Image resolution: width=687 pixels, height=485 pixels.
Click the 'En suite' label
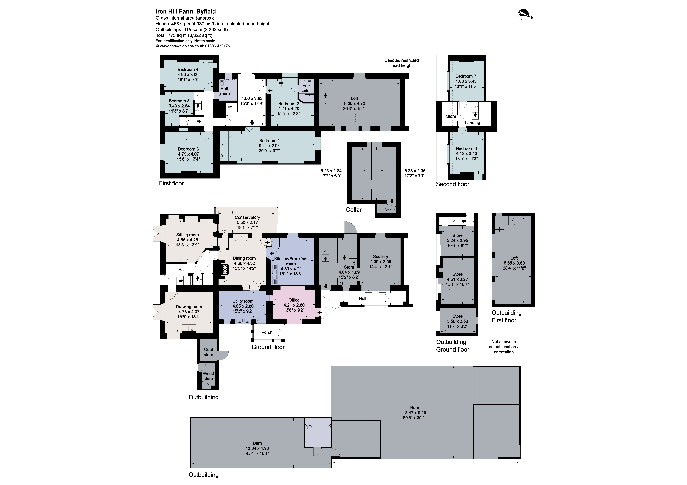(x=305, y=88)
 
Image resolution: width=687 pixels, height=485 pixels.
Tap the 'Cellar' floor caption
(x=354, y=210)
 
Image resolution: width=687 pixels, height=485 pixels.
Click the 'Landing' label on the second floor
(x=472, y=123)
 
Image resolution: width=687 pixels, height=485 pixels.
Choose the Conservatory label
(x=247, y=217)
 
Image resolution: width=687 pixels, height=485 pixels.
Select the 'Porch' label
(x=267, y=332)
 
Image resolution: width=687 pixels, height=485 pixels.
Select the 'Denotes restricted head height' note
(x=401, y=63)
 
